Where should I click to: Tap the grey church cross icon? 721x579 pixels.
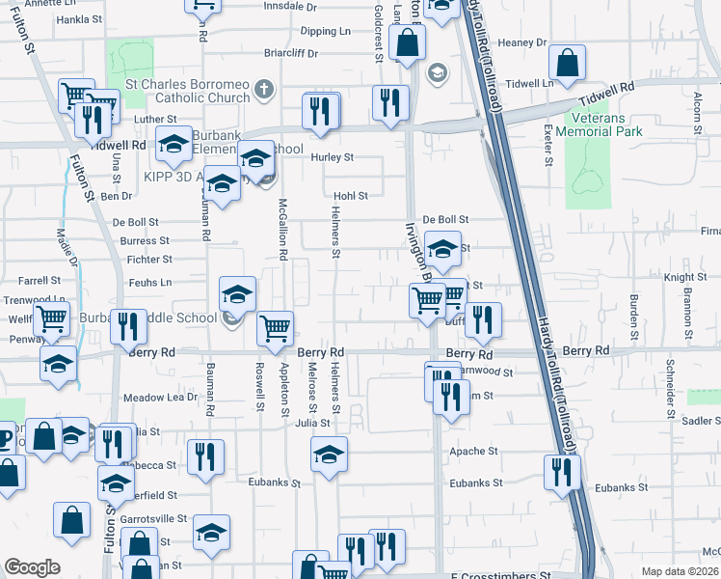click(x=266, y=91)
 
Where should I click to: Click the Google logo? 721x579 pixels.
click(x=32, y=567)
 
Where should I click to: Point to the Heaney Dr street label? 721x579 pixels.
click(x=522, y=42)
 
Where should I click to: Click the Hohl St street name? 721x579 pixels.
click(x=351, y=196)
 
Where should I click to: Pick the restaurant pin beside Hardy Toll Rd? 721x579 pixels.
click(x=560, y=473)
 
